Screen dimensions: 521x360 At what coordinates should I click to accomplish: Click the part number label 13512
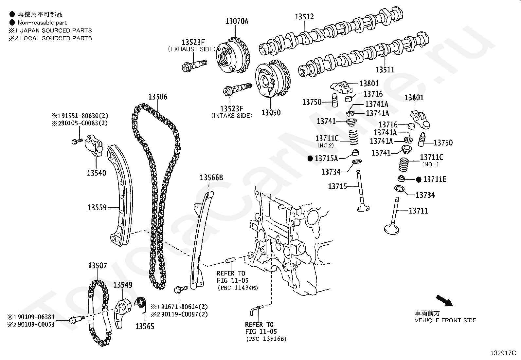pyautogui.click(x=304, y=16)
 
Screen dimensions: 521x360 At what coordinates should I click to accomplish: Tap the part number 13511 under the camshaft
pyautogui.click(x=385, y=70)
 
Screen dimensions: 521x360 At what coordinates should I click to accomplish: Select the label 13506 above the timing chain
pyautogui.click(x=158, y=97)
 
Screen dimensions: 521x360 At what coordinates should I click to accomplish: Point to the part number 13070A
pyautogui.click(x=237, y=21)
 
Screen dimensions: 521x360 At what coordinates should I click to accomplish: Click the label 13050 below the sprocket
pyautogui.click(x=271, y=113)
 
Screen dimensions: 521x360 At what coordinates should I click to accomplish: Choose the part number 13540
pyautogui.click(x=96, y=173)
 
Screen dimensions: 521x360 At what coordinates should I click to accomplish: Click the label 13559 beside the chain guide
pyautogui.click(x=97, y=207)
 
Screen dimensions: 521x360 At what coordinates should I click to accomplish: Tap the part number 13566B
pyautogui.click(x=211, y=178)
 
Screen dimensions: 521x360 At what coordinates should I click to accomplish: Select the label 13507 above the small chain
pyautogui.click(x=98, y=266)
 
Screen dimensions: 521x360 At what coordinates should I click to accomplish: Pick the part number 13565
pyautogui.click(x=145, y=327)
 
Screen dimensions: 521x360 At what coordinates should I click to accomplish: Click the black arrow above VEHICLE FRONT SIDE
pyautogui.click(x=444, y=301)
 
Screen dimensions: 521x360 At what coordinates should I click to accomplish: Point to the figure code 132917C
pyautogui.click(x=503, y=353)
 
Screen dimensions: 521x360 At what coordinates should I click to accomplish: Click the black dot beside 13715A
pyautogui.click(x=310, y=159)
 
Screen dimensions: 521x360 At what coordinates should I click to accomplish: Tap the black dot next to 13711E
pyautogui.click(x=419, y=180)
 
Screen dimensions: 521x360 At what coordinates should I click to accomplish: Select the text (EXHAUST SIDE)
pyautogui.click(x=192, y=49)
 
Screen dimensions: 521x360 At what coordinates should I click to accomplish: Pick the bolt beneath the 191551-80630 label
pyautogui.click(x=77, y=141)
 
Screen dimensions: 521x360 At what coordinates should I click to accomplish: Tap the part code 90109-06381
pyautogui.click(x=36, y=317)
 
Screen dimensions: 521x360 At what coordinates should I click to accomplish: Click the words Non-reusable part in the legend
pyautogui.click(x=42, y=23)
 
